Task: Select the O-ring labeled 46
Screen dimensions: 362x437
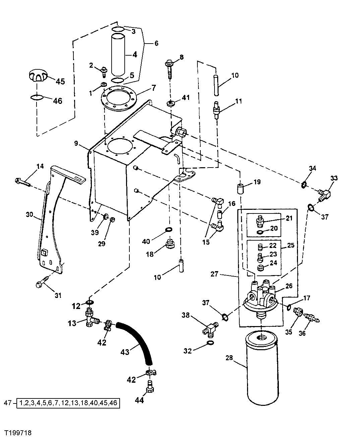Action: pyautogui.click(x=37, y=97)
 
